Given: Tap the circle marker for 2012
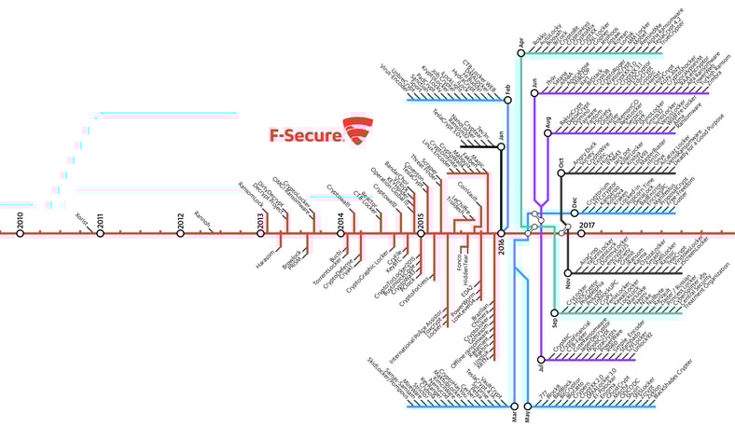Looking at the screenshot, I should click(181, 233).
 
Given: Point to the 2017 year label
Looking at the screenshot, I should click(587, 225).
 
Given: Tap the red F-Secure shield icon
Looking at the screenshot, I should click(357, 131).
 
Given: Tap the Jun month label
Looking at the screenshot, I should click(534, 82).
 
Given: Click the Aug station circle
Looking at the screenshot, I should click(548, 133).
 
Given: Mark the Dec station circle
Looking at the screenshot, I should click(562, 211).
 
